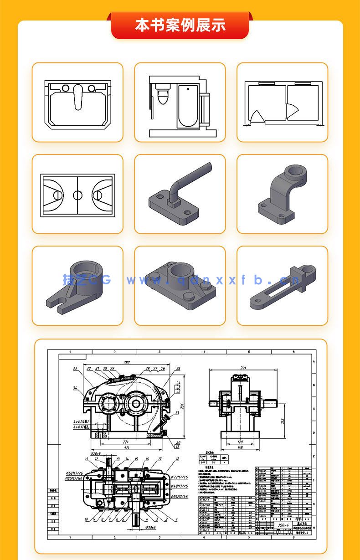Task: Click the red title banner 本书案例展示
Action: click(180, 25)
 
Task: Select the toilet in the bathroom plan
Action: click(162, 95)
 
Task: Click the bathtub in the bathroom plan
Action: click(188, 106)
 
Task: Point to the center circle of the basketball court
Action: click(78, 195)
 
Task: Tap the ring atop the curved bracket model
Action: click(295, 172)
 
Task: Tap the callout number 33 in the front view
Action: click(75, 368)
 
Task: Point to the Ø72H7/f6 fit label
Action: click(180, 477)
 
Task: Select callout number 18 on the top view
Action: click(177, 459)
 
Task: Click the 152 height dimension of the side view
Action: click(283, 419)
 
